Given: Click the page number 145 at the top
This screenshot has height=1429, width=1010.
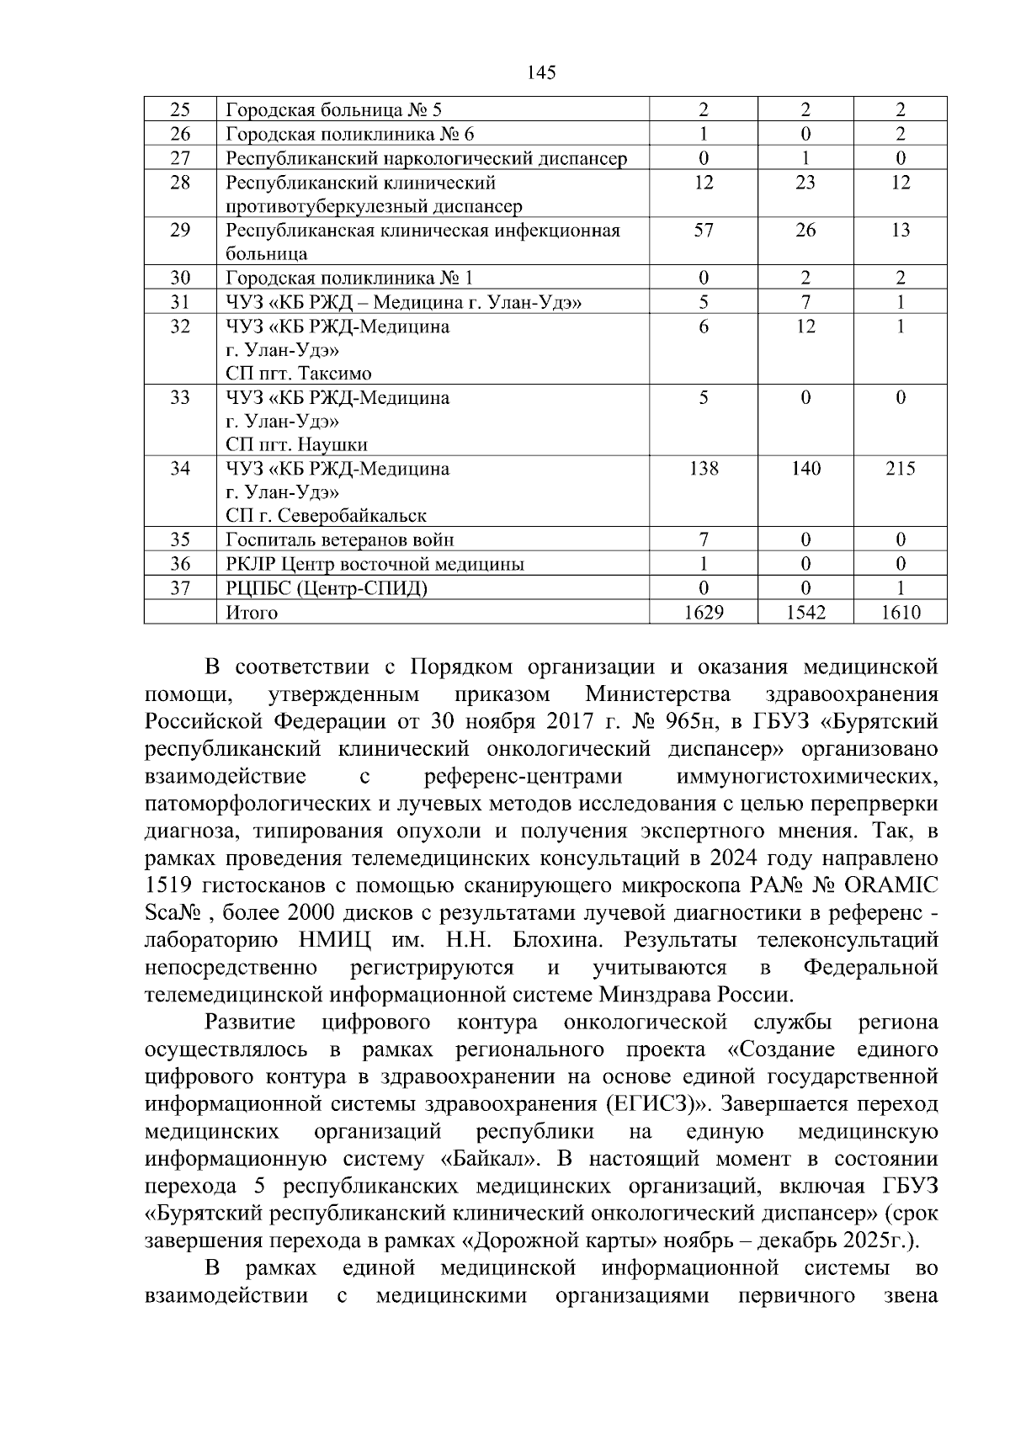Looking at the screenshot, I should click(541, 72).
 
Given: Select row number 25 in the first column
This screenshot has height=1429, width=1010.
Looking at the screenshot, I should click(180, 109).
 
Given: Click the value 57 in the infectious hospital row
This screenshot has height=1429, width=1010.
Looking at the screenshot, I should click(704, 230).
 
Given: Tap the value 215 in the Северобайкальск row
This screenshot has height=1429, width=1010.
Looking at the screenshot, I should click(900, 468).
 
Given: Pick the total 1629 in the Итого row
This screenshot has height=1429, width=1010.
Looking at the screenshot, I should click(704, 612).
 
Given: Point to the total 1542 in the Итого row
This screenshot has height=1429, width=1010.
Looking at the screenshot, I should click(805, 612).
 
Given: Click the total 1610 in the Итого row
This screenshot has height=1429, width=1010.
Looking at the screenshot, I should click(900, 612).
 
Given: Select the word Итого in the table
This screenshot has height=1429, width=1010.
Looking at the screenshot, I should click(252, 613).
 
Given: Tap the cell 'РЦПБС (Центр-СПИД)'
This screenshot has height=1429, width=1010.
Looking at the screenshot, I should click(327, 588).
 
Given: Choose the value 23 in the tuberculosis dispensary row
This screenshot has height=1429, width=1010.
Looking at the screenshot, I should click(805, 182).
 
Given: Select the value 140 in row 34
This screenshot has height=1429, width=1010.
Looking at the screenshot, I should click(805, 468).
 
